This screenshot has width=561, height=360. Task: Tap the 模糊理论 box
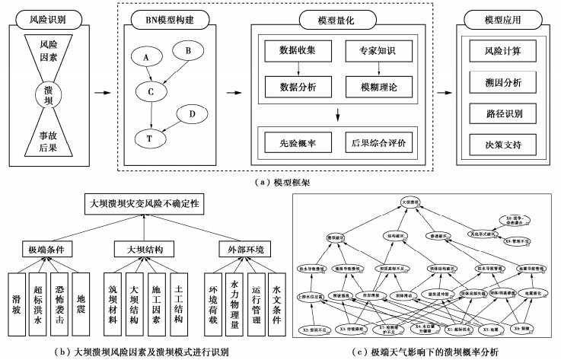pyautogui.click(x=373, y=87)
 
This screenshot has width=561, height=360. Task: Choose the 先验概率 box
pyautogui.click(x=293, y=142)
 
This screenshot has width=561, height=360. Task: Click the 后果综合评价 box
pyautogui.click(x=373, y=142)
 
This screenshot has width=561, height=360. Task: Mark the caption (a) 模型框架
pyautogui.click(x=280, y=181)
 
